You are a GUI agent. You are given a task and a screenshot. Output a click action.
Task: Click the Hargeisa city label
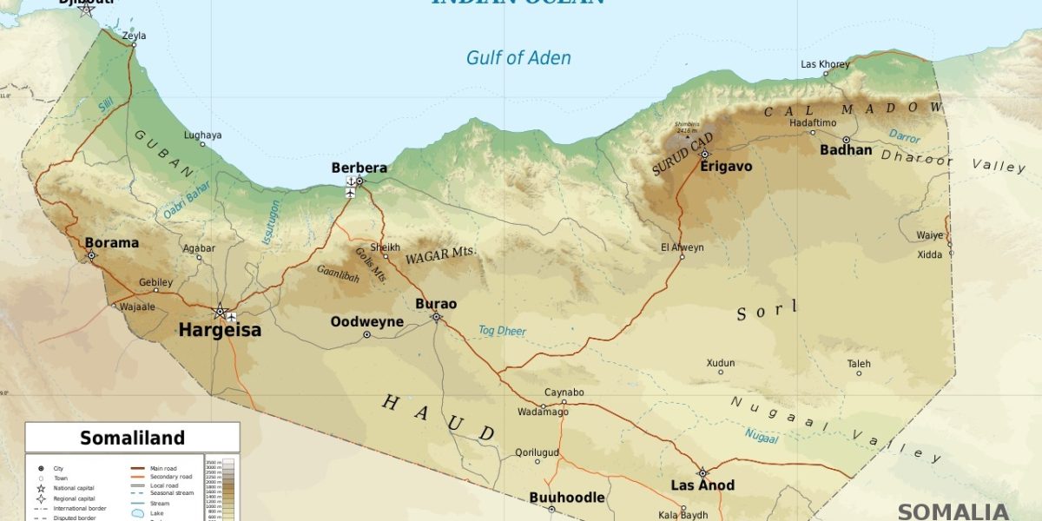click(220, 330)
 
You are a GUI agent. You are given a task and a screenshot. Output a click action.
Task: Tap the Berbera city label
click(359, 167)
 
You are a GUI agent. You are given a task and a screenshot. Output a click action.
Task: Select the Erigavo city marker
click(705, 154)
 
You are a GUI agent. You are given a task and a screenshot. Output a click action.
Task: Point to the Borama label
click(111, 243)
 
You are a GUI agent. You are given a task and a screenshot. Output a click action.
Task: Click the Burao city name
click(436, 304)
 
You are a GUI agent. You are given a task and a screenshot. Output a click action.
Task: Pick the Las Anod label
click(702, 485)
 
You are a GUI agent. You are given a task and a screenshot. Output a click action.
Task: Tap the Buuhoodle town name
click(567, 498)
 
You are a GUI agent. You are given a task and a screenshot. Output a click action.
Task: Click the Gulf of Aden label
click(518, 58)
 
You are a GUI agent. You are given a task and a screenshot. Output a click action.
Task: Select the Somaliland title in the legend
click(132, 438)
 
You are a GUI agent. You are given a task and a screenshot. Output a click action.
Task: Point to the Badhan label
click(846, 149)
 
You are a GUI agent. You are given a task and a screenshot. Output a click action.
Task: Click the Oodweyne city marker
click(366, 334)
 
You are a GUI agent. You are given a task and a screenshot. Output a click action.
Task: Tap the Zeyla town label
click(134, 36)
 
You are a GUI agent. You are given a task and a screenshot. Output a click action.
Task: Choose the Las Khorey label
click(825, 64)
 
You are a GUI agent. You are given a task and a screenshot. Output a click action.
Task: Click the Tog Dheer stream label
click(502, 331)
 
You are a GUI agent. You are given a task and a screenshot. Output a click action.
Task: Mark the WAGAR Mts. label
click(440, 254)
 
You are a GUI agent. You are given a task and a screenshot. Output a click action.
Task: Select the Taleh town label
click(859, 364)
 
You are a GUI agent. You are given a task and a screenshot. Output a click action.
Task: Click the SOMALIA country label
click(953, 511)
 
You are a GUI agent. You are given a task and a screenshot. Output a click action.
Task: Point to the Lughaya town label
click(202, 135)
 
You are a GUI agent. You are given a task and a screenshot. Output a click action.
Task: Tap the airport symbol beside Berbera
click(350, 187)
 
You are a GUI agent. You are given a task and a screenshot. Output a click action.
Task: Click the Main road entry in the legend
click(163, 468)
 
